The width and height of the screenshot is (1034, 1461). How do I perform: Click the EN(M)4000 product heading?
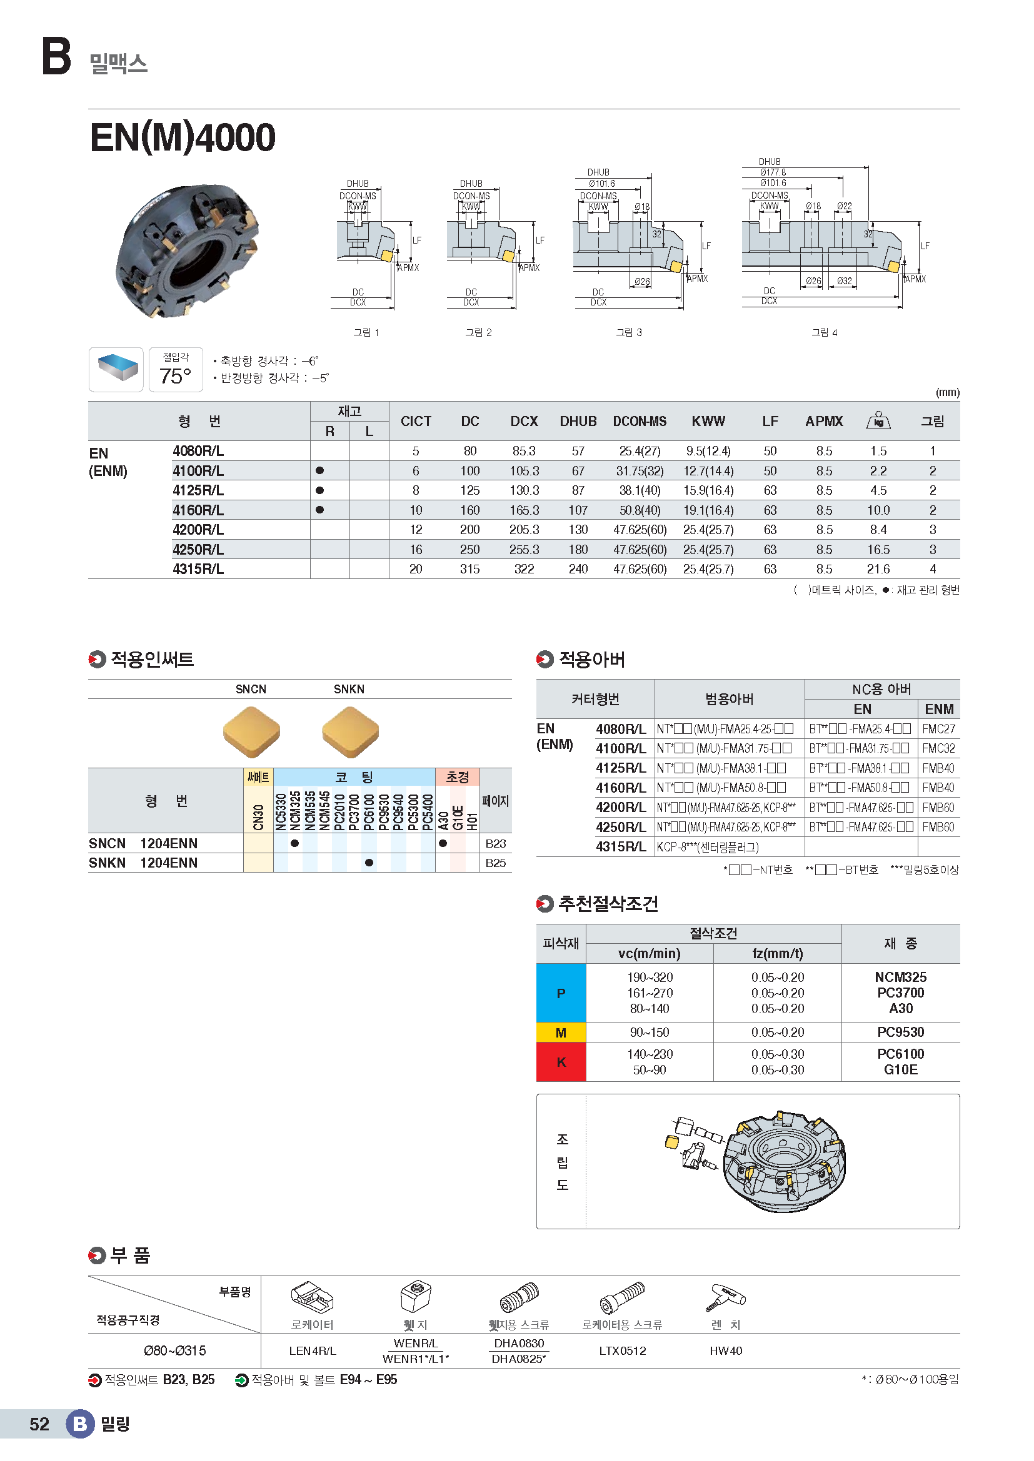(x=183, y=137)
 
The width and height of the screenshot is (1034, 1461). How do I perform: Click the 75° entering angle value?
(x=175, y=376)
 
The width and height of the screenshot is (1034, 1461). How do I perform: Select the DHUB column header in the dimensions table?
(x=578, y=421)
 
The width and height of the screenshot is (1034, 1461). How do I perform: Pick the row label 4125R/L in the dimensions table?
(x=198, y=490)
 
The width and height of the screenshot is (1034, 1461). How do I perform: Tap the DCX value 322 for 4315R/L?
(x=524, y=569)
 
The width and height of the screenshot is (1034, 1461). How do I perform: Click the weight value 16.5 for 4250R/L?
(x=878, y=549)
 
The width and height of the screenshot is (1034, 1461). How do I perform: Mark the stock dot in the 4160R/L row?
(x=319, y=510)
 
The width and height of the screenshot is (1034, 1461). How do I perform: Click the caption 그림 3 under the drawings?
(x=628, y=332)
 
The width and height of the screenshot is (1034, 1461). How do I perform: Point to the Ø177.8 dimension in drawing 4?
(x=772, y=172)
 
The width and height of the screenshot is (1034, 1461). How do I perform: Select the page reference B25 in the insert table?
(x=495, y=863)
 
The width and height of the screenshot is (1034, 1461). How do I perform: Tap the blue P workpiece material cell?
(x=561, y=993)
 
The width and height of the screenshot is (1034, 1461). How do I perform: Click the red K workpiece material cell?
(x=561, y=1061)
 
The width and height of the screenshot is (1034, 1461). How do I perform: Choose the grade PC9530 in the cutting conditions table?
(x=900, y=1032)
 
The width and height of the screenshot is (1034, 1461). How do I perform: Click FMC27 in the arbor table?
(x=938, y=728)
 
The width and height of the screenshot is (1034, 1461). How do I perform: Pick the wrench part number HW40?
(x=726, y=1350)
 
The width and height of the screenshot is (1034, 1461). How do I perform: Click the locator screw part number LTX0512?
(x=622, y=1350)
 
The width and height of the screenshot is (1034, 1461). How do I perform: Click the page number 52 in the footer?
(x=39, y=1424)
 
